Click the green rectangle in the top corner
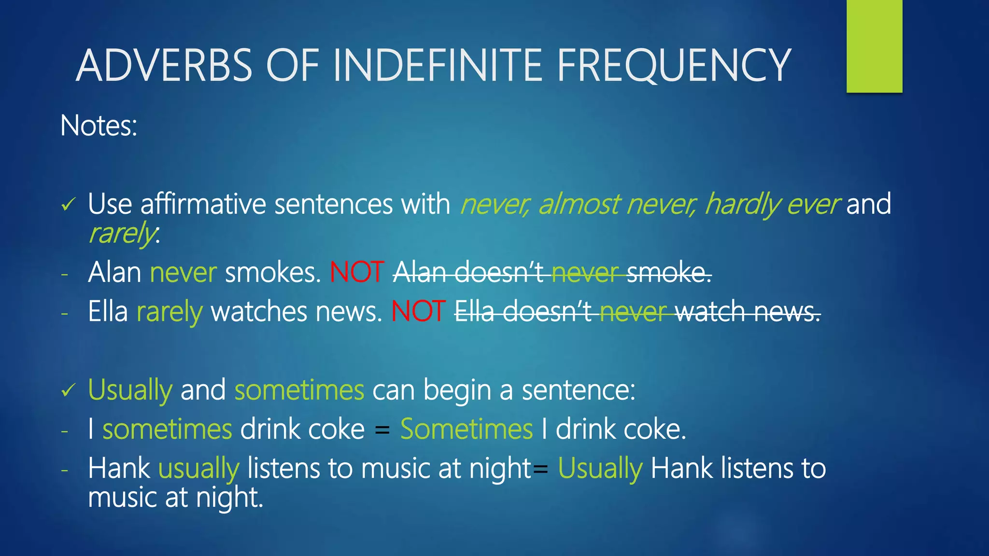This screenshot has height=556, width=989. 874,46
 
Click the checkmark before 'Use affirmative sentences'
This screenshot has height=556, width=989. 68,205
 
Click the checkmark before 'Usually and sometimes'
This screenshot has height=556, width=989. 68,390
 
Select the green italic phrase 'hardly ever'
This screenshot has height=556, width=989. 772,204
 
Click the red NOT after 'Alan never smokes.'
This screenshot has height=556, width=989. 357,272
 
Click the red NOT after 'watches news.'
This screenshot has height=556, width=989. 418,311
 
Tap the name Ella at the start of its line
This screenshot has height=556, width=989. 108,311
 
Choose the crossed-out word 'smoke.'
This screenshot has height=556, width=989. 669,273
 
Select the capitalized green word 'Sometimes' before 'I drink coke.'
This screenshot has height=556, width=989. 466,429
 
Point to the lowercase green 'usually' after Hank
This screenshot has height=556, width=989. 198,469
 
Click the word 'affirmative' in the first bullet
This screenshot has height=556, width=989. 203,204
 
